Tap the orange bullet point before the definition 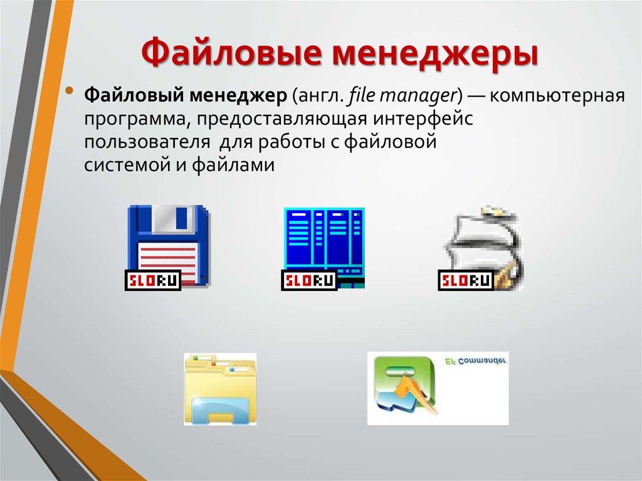(70, 90)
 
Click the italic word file (362, 95)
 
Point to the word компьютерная (557, 96)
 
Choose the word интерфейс (423, 119)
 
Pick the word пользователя (147, 142)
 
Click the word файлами (233, 165)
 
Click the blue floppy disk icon (168, 245)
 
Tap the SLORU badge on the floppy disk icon (153, 280)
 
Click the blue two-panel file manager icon (324, 248)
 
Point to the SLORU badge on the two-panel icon (309, 280)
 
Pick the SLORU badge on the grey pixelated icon (466, 280)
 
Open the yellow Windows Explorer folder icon (220, 389)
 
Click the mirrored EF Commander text (475, 361)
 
